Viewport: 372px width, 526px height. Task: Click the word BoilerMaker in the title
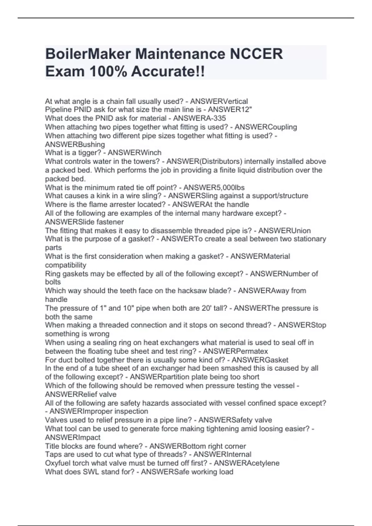[87, 54]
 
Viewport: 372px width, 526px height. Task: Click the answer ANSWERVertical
[219, 101]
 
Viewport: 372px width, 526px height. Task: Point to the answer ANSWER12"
[230, 110]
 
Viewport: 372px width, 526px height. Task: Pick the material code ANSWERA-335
[199, 119]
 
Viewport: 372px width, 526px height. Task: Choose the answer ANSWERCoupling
[266, 127]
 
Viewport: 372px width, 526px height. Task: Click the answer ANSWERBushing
[75, 144]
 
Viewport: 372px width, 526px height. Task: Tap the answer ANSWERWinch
[134, 153]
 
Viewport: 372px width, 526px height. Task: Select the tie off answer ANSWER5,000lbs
[214, 188]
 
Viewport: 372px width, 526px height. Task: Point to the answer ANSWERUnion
[284, 231]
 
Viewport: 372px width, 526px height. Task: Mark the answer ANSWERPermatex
[235, 351]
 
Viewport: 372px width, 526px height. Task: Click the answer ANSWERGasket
[260, 360]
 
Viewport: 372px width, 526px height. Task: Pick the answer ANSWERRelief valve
[81, 394]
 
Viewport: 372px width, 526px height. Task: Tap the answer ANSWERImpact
[73, 438]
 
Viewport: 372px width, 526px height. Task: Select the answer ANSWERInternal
[222, 455]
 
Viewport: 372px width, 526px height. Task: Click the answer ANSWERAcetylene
[246, 463]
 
